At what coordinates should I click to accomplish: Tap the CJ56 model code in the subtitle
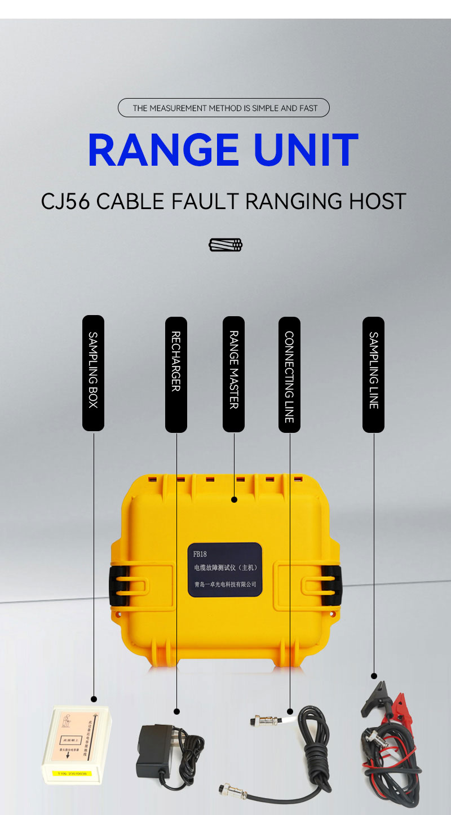tap(65, 201)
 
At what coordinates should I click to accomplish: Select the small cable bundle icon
tap(225, 245)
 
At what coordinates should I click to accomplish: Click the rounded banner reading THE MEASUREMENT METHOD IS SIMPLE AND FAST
tap(224, 108)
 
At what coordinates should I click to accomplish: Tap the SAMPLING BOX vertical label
tap(94, 373)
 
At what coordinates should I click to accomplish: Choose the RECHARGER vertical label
tap(176, 373)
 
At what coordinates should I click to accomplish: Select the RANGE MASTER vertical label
tap(233, 373)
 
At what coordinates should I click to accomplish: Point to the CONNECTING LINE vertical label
tap(289, 373)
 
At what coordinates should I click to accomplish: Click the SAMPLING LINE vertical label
tap(373, 373)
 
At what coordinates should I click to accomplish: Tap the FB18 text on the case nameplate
tap(200, 554)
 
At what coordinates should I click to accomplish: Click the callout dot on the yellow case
tap(234, 499)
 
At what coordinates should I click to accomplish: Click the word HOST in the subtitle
tap(379, 201)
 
